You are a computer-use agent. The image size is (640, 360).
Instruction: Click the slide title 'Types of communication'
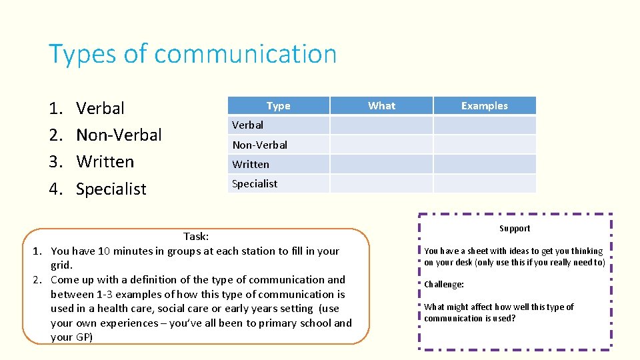pos(193,54)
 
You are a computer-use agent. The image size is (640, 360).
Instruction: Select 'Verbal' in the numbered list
pos(100,108)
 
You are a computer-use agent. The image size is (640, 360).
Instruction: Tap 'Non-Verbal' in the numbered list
pos(119,135)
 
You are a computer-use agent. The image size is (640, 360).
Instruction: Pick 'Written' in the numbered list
pos(105,162)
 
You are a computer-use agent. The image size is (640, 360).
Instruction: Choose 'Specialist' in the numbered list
pos(111,189)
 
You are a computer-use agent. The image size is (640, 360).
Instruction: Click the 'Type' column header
pos(278,105)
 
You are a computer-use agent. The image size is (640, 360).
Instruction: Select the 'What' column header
pos(381,105)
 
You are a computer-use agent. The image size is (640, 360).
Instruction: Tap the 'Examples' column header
pos(484,105)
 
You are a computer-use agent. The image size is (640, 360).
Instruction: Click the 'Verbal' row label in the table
pos(247,125)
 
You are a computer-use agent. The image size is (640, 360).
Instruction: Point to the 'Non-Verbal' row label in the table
pos(259,145)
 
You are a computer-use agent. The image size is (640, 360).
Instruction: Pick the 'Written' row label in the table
pos(251,164)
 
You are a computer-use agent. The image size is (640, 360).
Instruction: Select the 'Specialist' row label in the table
pos(255,183)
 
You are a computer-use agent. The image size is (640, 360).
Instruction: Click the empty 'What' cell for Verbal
pos(381,125)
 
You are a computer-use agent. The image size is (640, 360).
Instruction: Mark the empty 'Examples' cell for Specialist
pos(484,183)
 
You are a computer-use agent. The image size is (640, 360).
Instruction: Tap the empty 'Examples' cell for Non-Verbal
pos(484,145)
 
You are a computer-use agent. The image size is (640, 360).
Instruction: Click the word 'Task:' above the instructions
pos(196,236)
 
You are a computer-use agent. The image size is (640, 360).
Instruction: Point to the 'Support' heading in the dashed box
pos(515,229)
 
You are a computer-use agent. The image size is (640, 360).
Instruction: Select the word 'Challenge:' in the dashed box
pos(444,285)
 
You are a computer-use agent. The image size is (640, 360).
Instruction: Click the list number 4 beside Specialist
pos(55,189)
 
